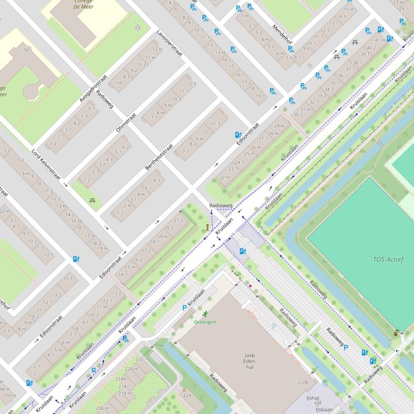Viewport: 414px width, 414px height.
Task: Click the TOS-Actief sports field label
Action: tap(388, 260)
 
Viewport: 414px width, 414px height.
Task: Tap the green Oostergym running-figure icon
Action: tap(205, 314)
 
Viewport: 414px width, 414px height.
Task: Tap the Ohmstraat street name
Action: tap(126, 122)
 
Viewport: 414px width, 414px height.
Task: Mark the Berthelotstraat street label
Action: tap(159, 158)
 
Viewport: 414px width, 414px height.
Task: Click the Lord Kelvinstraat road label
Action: tap(46, 164)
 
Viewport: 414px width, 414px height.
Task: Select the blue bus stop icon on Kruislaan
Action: tap(95, 370)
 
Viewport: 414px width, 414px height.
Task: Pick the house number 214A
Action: tap(121, 379)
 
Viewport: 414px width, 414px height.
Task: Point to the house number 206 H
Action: tap(103, 409)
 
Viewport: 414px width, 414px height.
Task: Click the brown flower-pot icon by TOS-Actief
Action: tap(397, 333)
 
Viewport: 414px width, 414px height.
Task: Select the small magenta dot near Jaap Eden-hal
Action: tap(250, 286)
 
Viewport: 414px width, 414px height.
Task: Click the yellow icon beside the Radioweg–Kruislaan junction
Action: tap(208, 227)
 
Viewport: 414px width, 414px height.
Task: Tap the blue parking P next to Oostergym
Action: tap(185, 308)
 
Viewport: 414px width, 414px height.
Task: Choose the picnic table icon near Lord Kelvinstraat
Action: tap(92, 201)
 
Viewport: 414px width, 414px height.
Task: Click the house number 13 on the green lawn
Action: tap(138, 27)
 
